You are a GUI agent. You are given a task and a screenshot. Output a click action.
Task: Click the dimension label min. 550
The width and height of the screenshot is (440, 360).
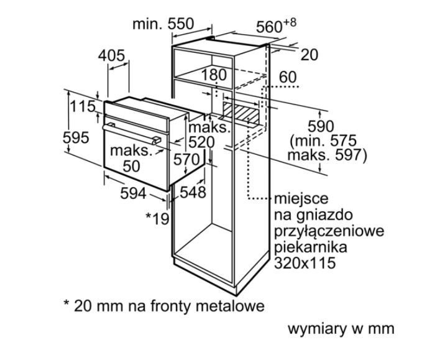pos(163,24)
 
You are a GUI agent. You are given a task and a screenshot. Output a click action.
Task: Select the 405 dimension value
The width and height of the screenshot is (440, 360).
pos(111,55)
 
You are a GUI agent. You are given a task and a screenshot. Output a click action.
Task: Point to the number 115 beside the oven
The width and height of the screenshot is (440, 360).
pos(83,106)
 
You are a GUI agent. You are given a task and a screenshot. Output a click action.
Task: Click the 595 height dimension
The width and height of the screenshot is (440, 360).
pos(76,137)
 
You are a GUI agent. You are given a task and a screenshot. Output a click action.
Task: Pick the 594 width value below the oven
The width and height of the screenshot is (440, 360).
pos(133,194)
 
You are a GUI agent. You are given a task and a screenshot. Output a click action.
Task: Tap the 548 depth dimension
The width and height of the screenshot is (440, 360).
pos(193,192)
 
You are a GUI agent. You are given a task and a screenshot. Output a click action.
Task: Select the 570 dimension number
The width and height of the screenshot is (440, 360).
pos(186,159)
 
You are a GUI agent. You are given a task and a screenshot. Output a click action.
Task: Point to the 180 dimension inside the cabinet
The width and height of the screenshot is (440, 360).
pos(214,75)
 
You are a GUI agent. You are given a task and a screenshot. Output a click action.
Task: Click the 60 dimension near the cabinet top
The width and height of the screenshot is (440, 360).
pos(288,77)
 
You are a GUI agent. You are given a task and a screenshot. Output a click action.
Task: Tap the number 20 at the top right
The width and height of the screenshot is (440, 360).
pos(309,55)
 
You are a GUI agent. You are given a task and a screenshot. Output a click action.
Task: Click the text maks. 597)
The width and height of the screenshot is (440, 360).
pos(329,154)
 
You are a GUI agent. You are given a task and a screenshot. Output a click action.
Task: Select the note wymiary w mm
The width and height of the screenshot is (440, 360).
pos(341,328)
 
